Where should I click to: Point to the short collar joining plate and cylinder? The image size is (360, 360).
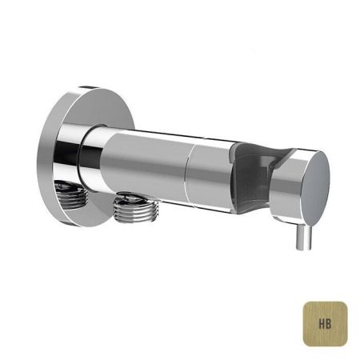[x=94, y=156]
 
